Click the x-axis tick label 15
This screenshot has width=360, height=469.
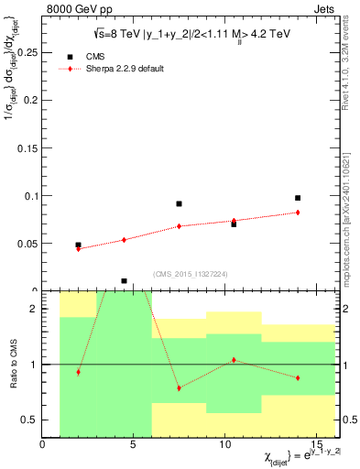[317, 444]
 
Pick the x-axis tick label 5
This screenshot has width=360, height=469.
[134, 444]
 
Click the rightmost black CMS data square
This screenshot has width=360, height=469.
[298, 198]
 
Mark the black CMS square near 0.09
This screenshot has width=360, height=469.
[179, 203]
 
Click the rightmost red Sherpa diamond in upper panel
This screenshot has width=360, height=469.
[298, 213]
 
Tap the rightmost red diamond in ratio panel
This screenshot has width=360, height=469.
[298, 378]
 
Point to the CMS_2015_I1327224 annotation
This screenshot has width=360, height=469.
[191, 274]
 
